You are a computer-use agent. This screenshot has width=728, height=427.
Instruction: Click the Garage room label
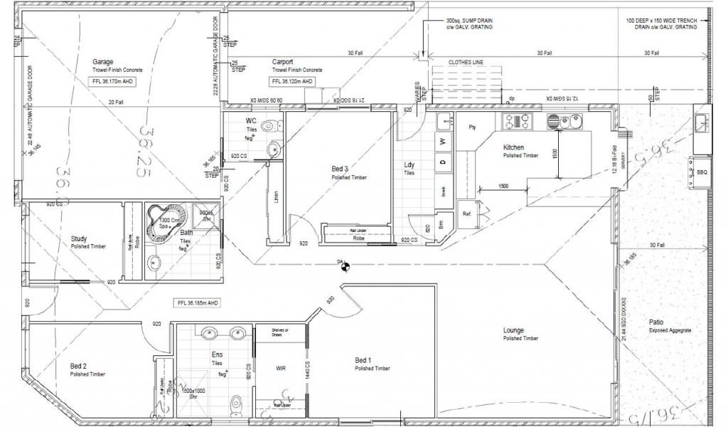tap(102, 62)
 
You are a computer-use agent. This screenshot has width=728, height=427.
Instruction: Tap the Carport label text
tap(282, 62)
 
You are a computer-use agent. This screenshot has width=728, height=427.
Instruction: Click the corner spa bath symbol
tap(163, 221)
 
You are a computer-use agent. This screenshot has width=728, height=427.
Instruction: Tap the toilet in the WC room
tap(269, 127)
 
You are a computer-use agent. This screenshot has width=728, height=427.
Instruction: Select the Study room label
tap(79, 238)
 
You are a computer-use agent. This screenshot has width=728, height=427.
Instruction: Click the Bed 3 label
tap(340, 169)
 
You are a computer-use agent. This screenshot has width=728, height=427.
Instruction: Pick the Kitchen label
tap(513, 147)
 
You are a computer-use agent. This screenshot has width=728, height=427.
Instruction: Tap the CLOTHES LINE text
tap(466, 63)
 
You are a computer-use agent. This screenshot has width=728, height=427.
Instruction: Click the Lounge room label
tap(513, 330)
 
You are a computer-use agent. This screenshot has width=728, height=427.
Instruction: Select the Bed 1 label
tap(363, 361)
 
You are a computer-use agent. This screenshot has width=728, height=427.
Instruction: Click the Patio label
tap(657, 322)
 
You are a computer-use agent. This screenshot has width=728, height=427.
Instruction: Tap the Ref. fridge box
tap(467, 213)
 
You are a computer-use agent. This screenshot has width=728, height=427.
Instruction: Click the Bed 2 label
tap(78, 366)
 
